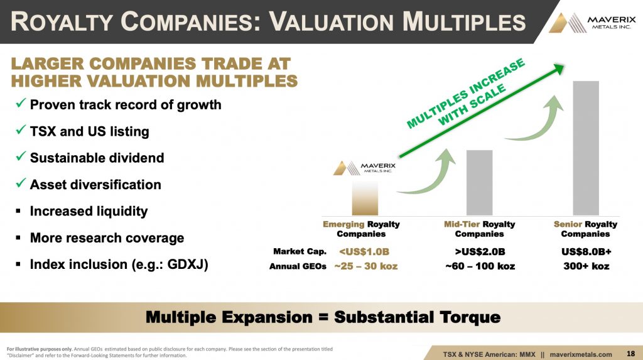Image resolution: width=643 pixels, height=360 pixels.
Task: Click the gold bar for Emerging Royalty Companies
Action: pos(365,199)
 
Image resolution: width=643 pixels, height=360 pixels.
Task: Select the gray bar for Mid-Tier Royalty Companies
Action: pos(479,183)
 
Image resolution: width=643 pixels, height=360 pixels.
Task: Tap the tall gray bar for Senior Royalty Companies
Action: pos(586,148)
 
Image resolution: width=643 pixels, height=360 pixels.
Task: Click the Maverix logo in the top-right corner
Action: pos(592,23)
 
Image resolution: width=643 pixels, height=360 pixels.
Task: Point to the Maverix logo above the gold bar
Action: pos(365,168)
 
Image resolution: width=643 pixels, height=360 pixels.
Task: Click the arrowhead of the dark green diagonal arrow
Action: pos(558,68)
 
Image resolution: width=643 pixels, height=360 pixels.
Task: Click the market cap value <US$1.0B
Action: pos(364,252)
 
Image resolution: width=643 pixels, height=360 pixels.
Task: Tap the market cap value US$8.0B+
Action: pos(586,252)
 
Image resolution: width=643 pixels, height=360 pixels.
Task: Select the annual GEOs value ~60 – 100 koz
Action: pos(480,266)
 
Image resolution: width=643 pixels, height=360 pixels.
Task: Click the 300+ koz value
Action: pos(586,266)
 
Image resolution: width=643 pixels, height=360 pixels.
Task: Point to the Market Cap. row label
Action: pos(300,251)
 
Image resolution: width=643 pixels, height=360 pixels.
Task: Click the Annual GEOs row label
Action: pos(298,266)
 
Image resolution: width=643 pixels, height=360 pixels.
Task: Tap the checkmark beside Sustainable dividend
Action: pos(21,156)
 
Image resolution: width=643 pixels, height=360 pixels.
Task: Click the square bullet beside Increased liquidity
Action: pos(18,211)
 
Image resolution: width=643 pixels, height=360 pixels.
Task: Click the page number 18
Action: pos(630,354)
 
